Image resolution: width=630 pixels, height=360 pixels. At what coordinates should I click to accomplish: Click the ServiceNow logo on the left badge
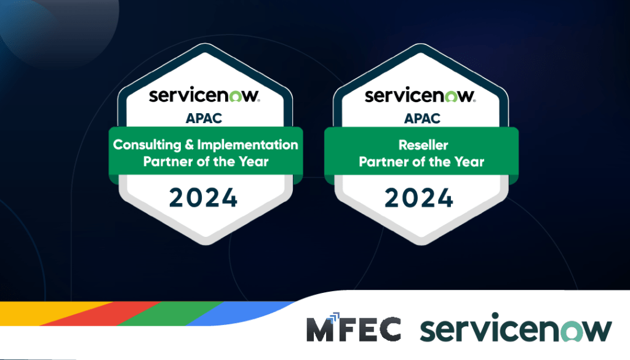point(205,96)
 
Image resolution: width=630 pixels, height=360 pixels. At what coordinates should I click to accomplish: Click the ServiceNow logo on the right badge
point(420,96)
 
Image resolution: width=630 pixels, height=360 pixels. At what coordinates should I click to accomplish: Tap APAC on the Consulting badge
point(205,118)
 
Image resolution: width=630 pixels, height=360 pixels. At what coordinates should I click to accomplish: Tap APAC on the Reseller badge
point(421,118)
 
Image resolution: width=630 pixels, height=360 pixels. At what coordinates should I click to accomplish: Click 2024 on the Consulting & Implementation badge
point(204,198)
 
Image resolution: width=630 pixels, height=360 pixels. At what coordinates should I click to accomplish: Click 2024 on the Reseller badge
point(420,198)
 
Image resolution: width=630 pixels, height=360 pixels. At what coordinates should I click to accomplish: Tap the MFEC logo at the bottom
point(353,329)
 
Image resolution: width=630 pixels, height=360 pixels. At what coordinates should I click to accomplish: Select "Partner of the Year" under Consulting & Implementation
point(205,162)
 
